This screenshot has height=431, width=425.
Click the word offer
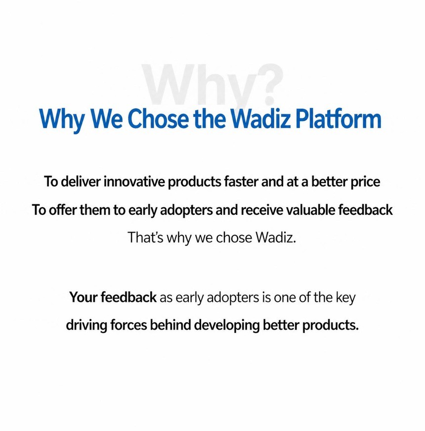pos(62,210)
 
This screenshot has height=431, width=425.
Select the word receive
pos(261,210)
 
